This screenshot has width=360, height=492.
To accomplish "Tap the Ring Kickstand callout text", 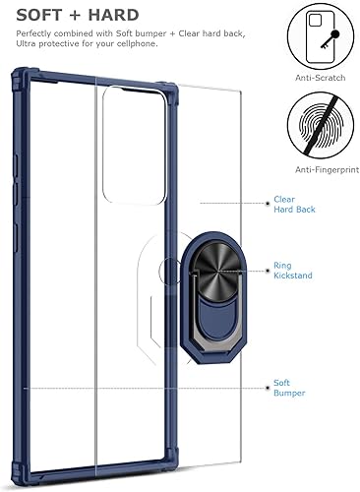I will (293, 271).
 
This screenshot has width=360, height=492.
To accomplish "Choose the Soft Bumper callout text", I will (290, 388).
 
